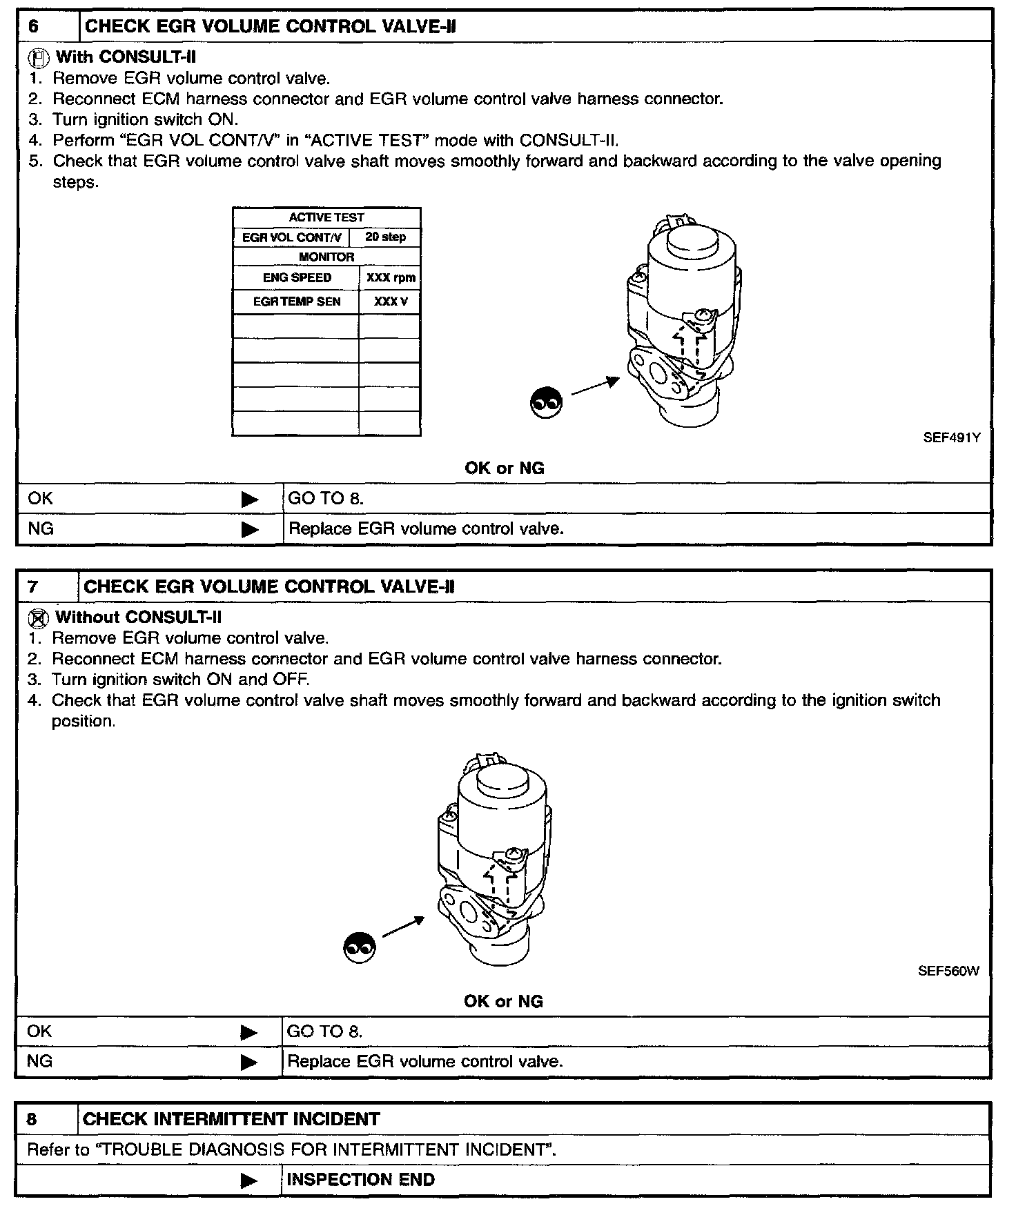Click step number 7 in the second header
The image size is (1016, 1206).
click(x=33, y=587)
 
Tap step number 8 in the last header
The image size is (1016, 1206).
click(x=32, y=1119)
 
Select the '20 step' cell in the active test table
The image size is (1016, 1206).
click(x=385, y=237)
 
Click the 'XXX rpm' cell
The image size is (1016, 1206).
click(x=391, y=278)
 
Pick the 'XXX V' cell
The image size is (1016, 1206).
click(x=391, y=301)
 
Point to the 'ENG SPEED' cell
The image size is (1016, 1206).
click(x=297, y=278)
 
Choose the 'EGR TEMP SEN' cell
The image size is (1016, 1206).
click(x=297, y=301)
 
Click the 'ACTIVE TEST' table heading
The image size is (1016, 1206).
click(x=326, y=217)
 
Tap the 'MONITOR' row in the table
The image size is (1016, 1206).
click(x=326, y=257)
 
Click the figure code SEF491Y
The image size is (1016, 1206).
click(x=951, y=437)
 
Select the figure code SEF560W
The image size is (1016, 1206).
click(x=948, y=971)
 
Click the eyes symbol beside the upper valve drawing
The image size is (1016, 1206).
click(x=545, y=402)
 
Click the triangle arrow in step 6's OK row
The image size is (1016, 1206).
click(x=250, y=500)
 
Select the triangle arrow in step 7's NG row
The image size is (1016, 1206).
click(x=248, y=1062)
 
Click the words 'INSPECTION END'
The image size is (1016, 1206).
click(x=360, y=1180)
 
